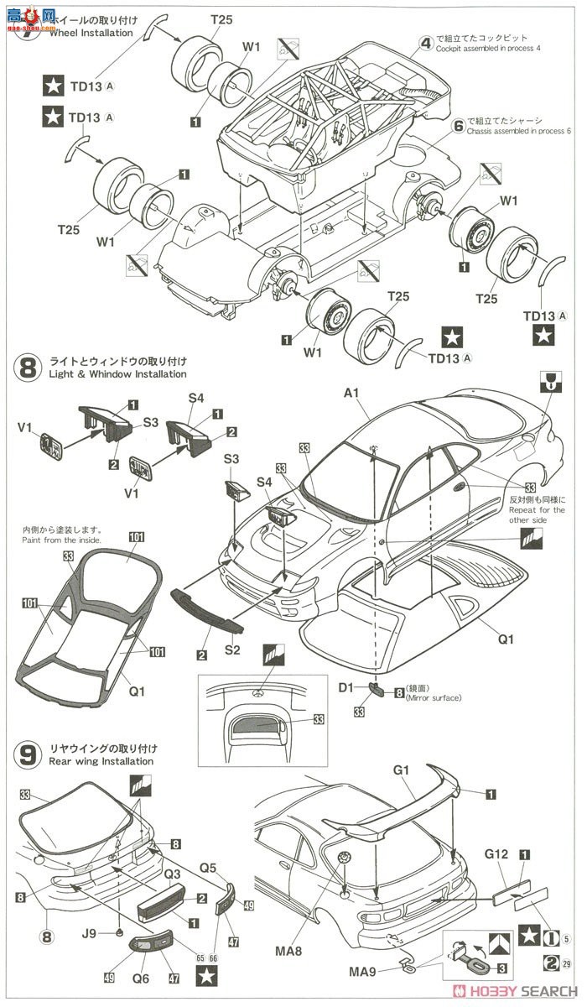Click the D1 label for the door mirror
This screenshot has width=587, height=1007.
click(347, 688)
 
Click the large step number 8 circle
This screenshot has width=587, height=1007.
click(27, 368)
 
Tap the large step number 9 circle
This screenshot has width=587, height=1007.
click(27, 754)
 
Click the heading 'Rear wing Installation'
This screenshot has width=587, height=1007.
click(89, 761)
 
